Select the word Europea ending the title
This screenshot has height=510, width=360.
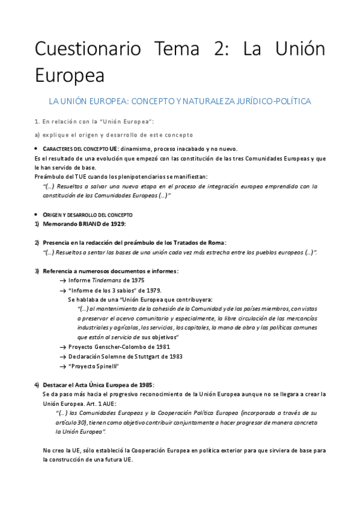69,76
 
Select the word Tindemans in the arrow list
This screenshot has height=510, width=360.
107,280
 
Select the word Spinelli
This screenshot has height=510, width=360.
106,366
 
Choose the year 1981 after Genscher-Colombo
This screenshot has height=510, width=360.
162,347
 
